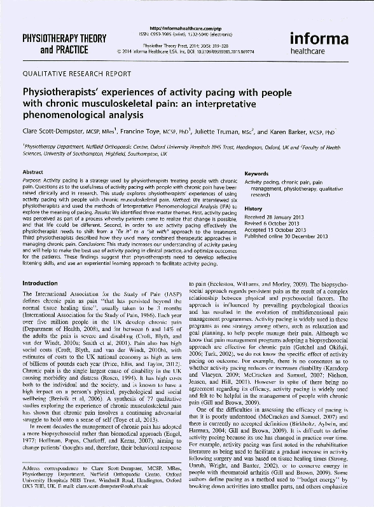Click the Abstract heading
pyautogui.click(x=32, y=172)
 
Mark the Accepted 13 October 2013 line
pyautogui.click(x=274, y=230)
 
